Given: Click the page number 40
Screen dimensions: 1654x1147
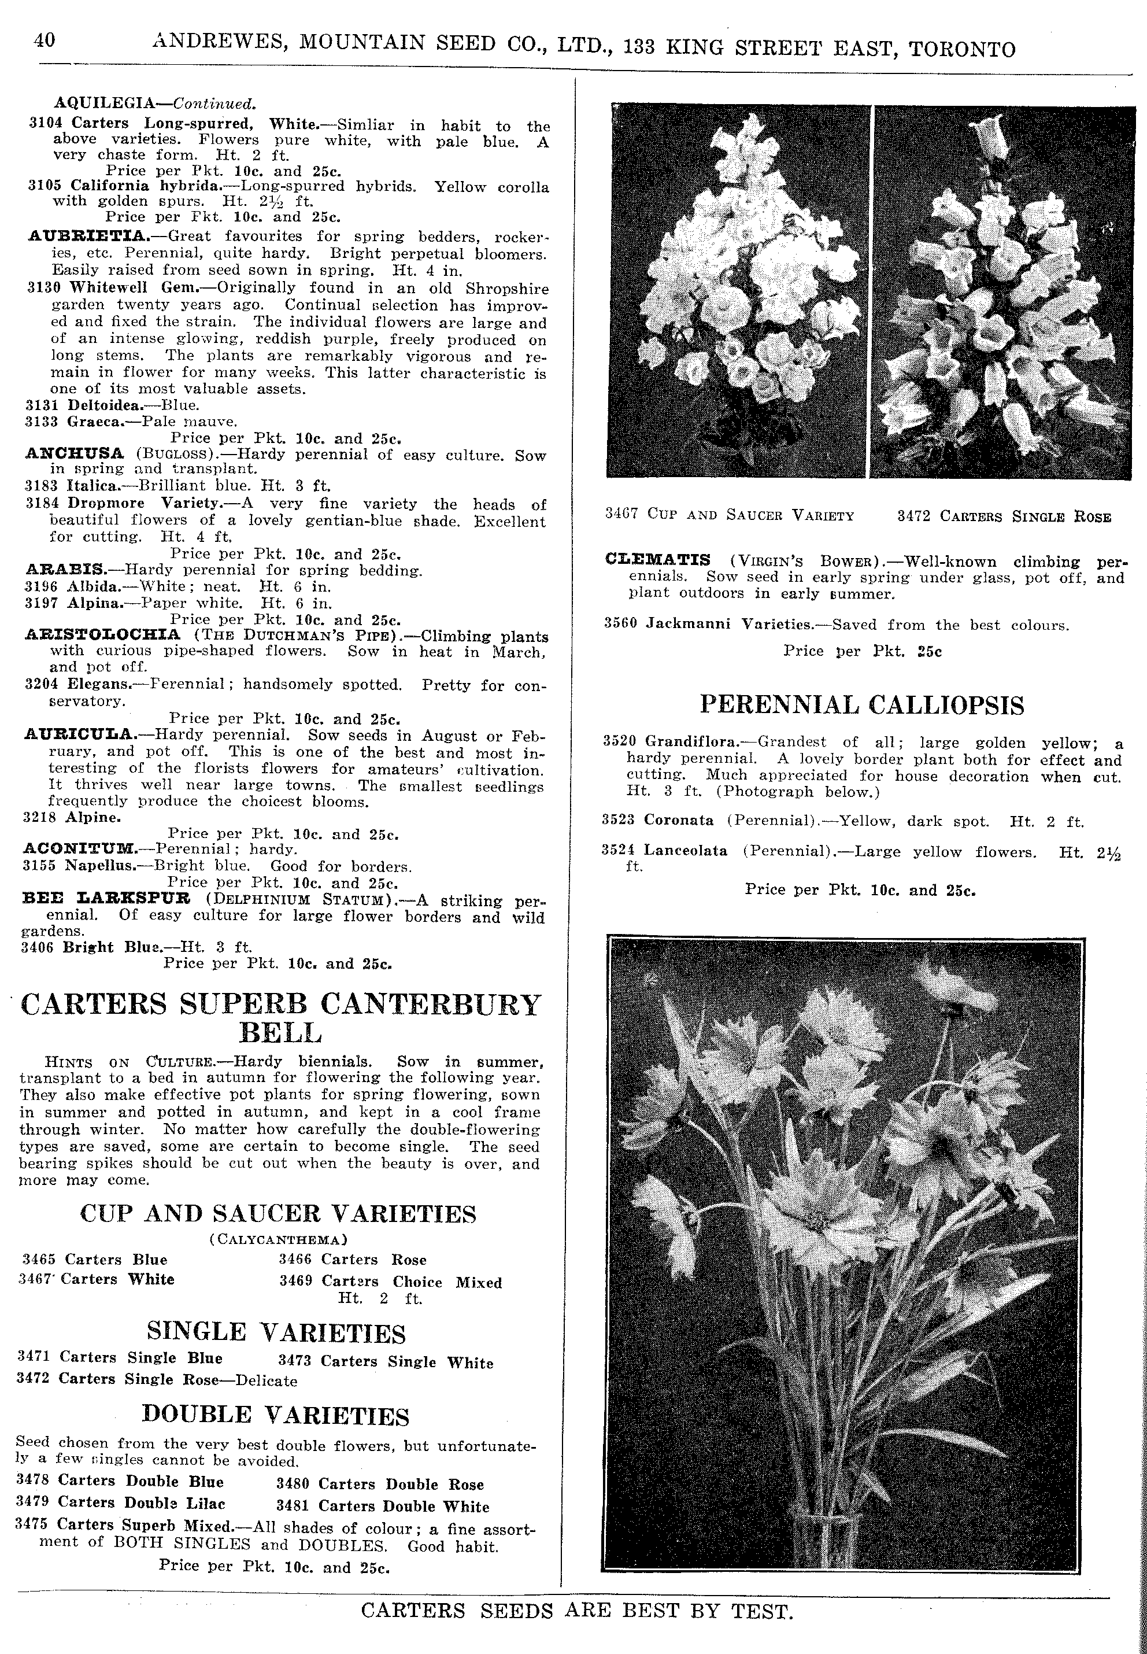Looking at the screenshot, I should (44, 40).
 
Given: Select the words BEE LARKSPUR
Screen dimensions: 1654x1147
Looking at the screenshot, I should (106, 899).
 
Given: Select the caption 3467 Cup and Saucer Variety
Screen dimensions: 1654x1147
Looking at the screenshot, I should (730, 515).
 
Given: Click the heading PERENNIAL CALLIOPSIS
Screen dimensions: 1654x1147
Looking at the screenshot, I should (861, 705).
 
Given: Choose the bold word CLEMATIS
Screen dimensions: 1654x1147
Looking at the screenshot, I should (657, 560).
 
